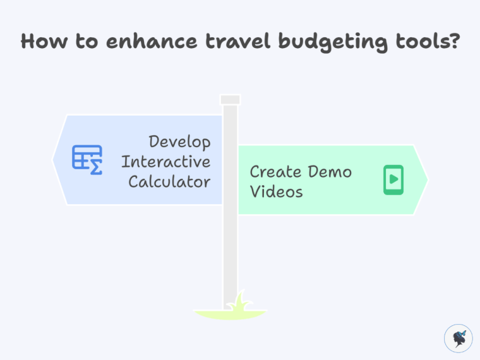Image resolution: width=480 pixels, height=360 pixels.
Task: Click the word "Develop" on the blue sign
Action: [x=179, y=142]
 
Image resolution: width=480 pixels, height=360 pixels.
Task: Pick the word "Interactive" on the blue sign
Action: [x=165, y=162]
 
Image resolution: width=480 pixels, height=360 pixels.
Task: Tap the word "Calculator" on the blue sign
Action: [x=169, y=182]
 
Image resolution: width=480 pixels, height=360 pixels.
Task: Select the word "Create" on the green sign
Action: [x=274, y=172]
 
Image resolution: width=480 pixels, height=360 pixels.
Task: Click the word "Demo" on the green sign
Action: [x=330, y=172]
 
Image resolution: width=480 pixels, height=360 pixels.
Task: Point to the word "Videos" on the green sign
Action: [x=276, y=191]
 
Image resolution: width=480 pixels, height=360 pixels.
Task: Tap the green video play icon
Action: [x=393, y=179]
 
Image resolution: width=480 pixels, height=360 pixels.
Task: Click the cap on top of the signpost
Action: [x=230, y=99]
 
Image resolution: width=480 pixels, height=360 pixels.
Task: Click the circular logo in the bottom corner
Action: [x=459, y=338]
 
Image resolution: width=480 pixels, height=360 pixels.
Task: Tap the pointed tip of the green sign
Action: [x=426, y=179]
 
